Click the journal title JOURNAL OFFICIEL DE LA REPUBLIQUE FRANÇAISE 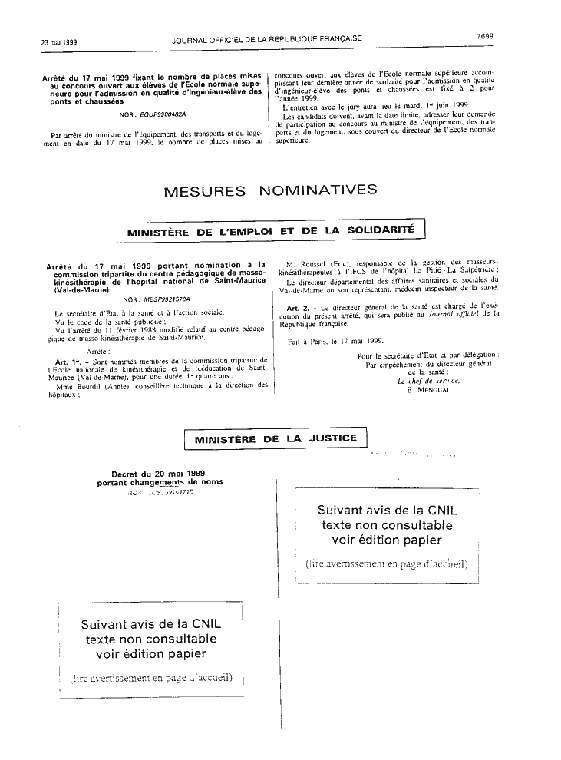[x=267, y=38]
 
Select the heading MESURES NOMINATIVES [x=270, y=191]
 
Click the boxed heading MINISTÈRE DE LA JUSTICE [x=276, y=439]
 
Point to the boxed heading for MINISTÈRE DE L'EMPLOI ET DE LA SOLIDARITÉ [x=270, y=230]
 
